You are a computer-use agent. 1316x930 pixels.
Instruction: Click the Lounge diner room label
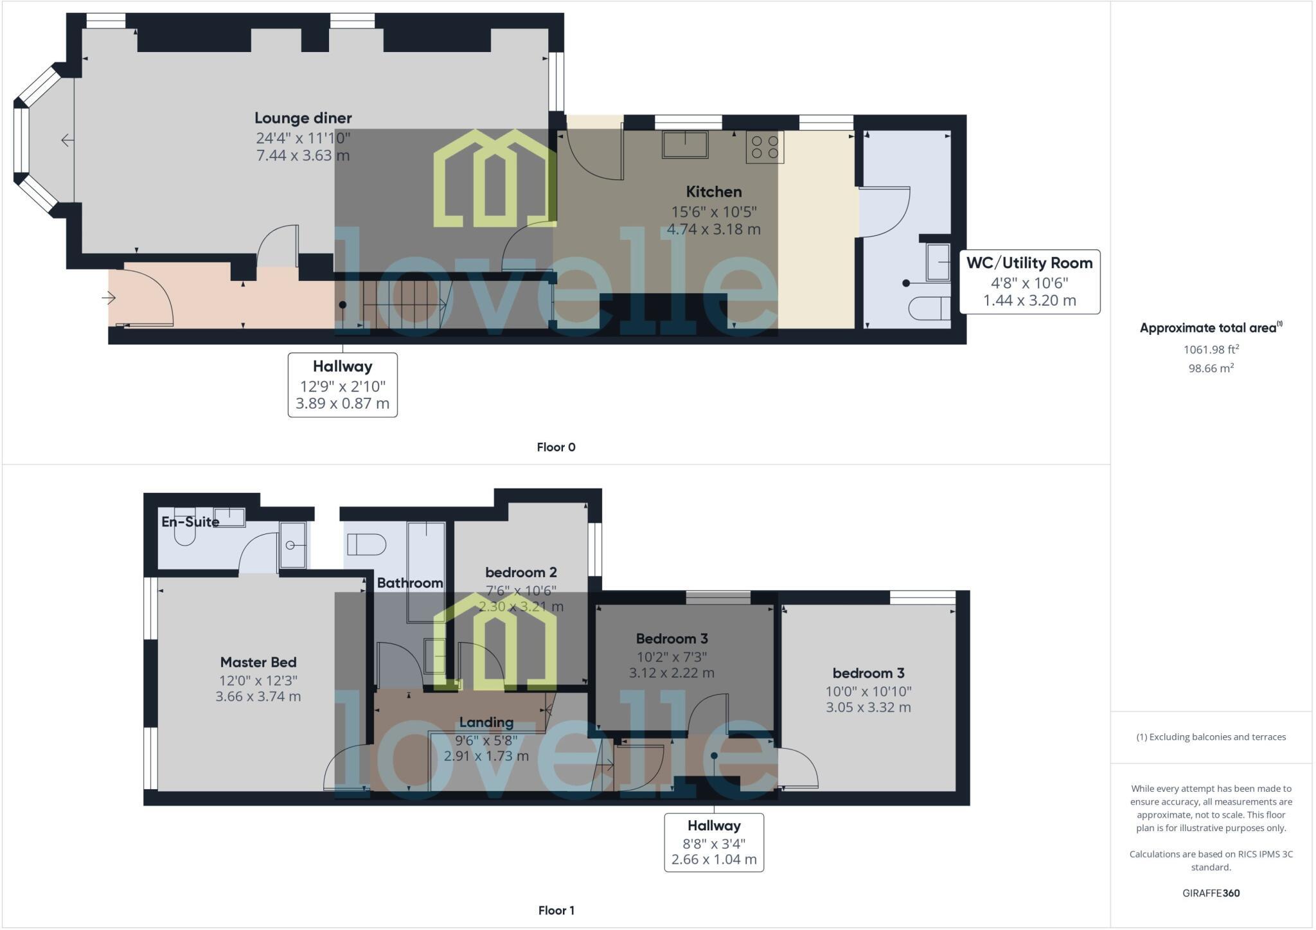tap(303, 118)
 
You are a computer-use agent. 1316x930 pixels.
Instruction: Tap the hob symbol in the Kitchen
tap(765, 147)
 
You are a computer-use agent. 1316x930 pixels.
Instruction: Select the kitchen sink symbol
tap(685, 145)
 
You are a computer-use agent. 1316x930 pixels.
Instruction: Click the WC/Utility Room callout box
tap(1029, 282)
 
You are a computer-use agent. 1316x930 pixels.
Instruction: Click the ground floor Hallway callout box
tap(342, 384)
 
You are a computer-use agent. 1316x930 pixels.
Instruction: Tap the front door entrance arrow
tap(109, 298)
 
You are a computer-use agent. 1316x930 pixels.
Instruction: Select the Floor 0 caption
tap(556, 447)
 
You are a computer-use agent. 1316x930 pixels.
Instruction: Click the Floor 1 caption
tap(556, 910)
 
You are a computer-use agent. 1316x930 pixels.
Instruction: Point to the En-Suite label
tap(190, 522)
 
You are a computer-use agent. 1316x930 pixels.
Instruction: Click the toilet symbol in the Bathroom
tap(366, 544)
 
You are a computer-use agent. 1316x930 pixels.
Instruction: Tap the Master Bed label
tap(258, 662)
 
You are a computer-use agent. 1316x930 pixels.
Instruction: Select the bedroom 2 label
tap(520, 572)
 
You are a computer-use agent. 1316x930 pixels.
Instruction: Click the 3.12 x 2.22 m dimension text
tap(671, 673)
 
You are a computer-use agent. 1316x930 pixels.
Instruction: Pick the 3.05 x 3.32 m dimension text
tap(868, 707)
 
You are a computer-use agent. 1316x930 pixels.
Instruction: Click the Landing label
tap(486, 722)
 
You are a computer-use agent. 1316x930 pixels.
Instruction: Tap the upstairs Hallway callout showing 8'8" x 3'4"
tap(713, 842)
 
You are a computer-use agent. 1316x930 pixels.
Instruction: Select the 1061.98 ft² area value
tap(1211, 350)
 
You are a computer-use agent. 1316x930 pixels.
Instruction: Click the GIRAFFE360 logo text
tap(1211, 893)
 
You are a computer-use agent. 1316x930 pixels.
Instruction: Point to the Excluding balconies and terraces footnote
tap(1211, 737)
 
